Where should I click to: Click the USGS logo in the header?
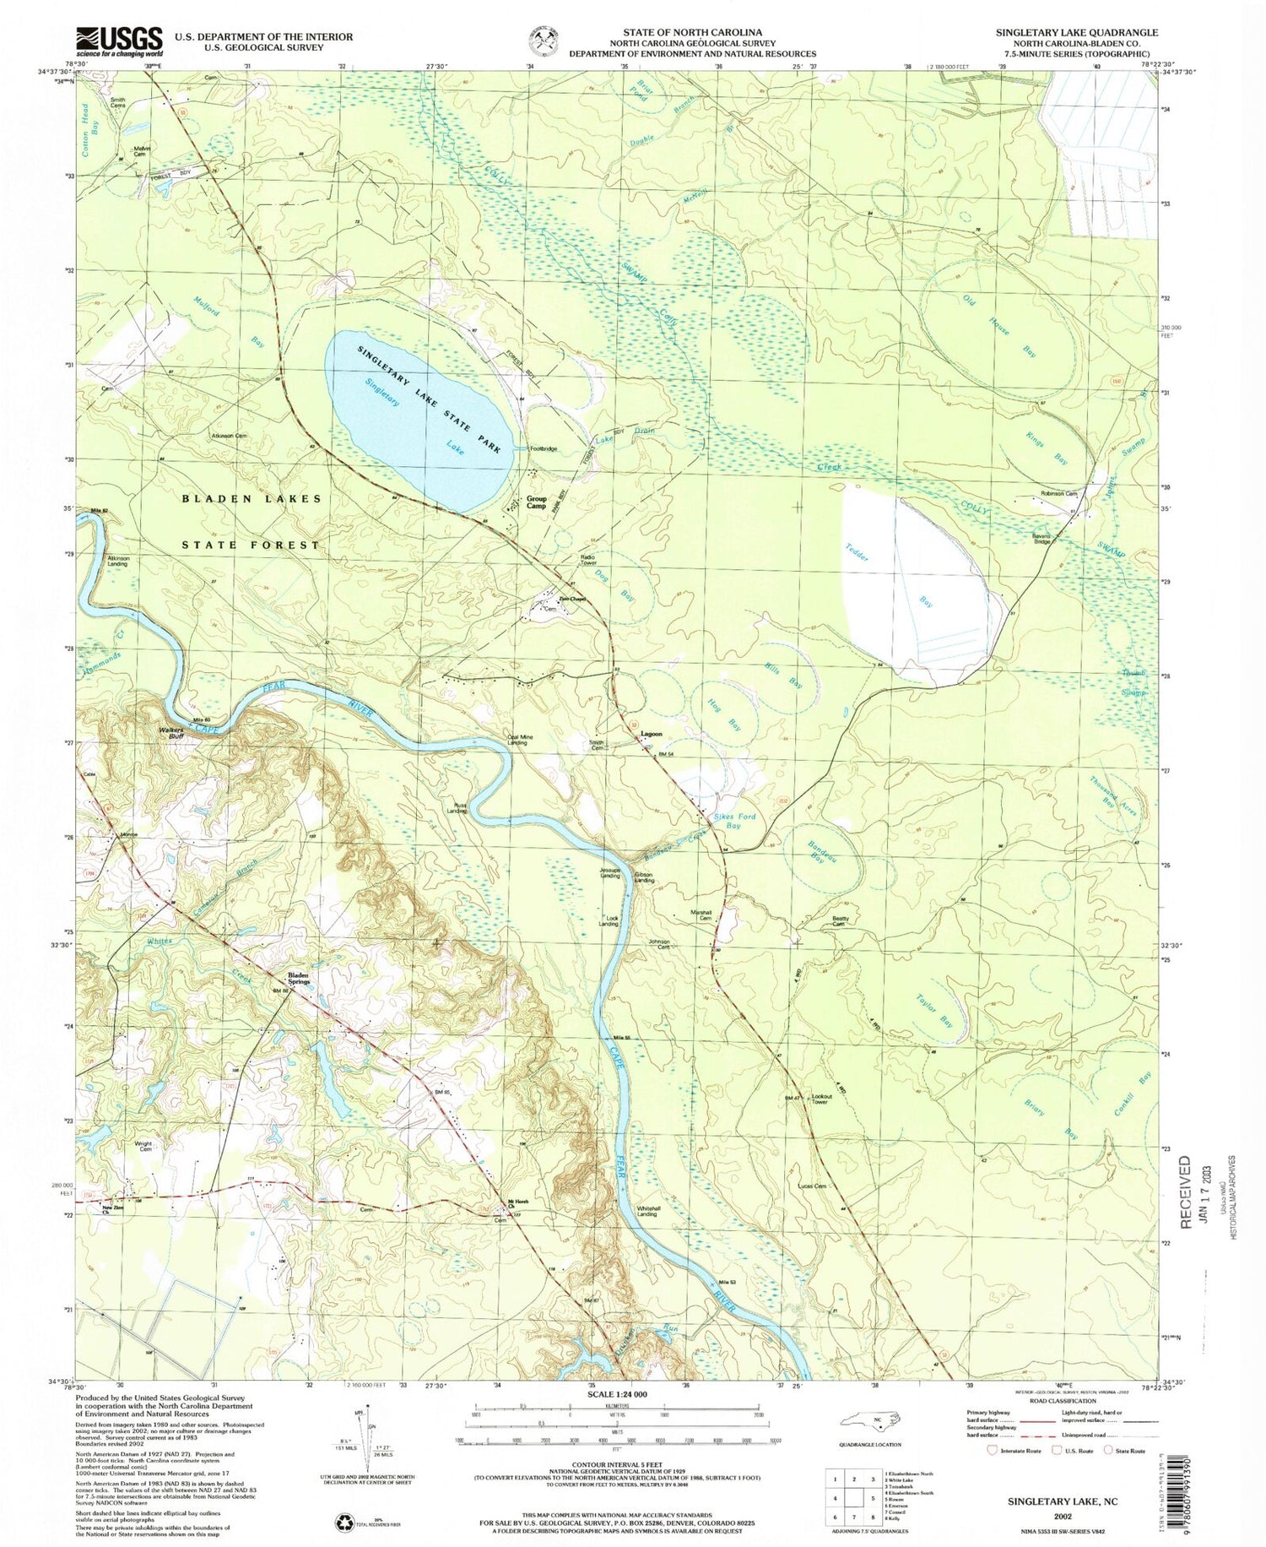point(120,40)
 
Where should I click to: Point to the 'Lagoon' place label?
point(651,734)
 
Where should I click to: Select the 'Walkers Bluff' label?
point(171,732)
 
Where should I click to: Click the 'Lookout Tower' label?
point(822,1099)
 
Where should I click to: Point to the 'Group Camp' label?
point(537,502)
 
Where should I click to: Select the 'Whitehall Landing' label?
point(647,1211)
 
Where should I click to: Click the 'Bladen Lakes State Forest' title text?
point(252,521)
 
